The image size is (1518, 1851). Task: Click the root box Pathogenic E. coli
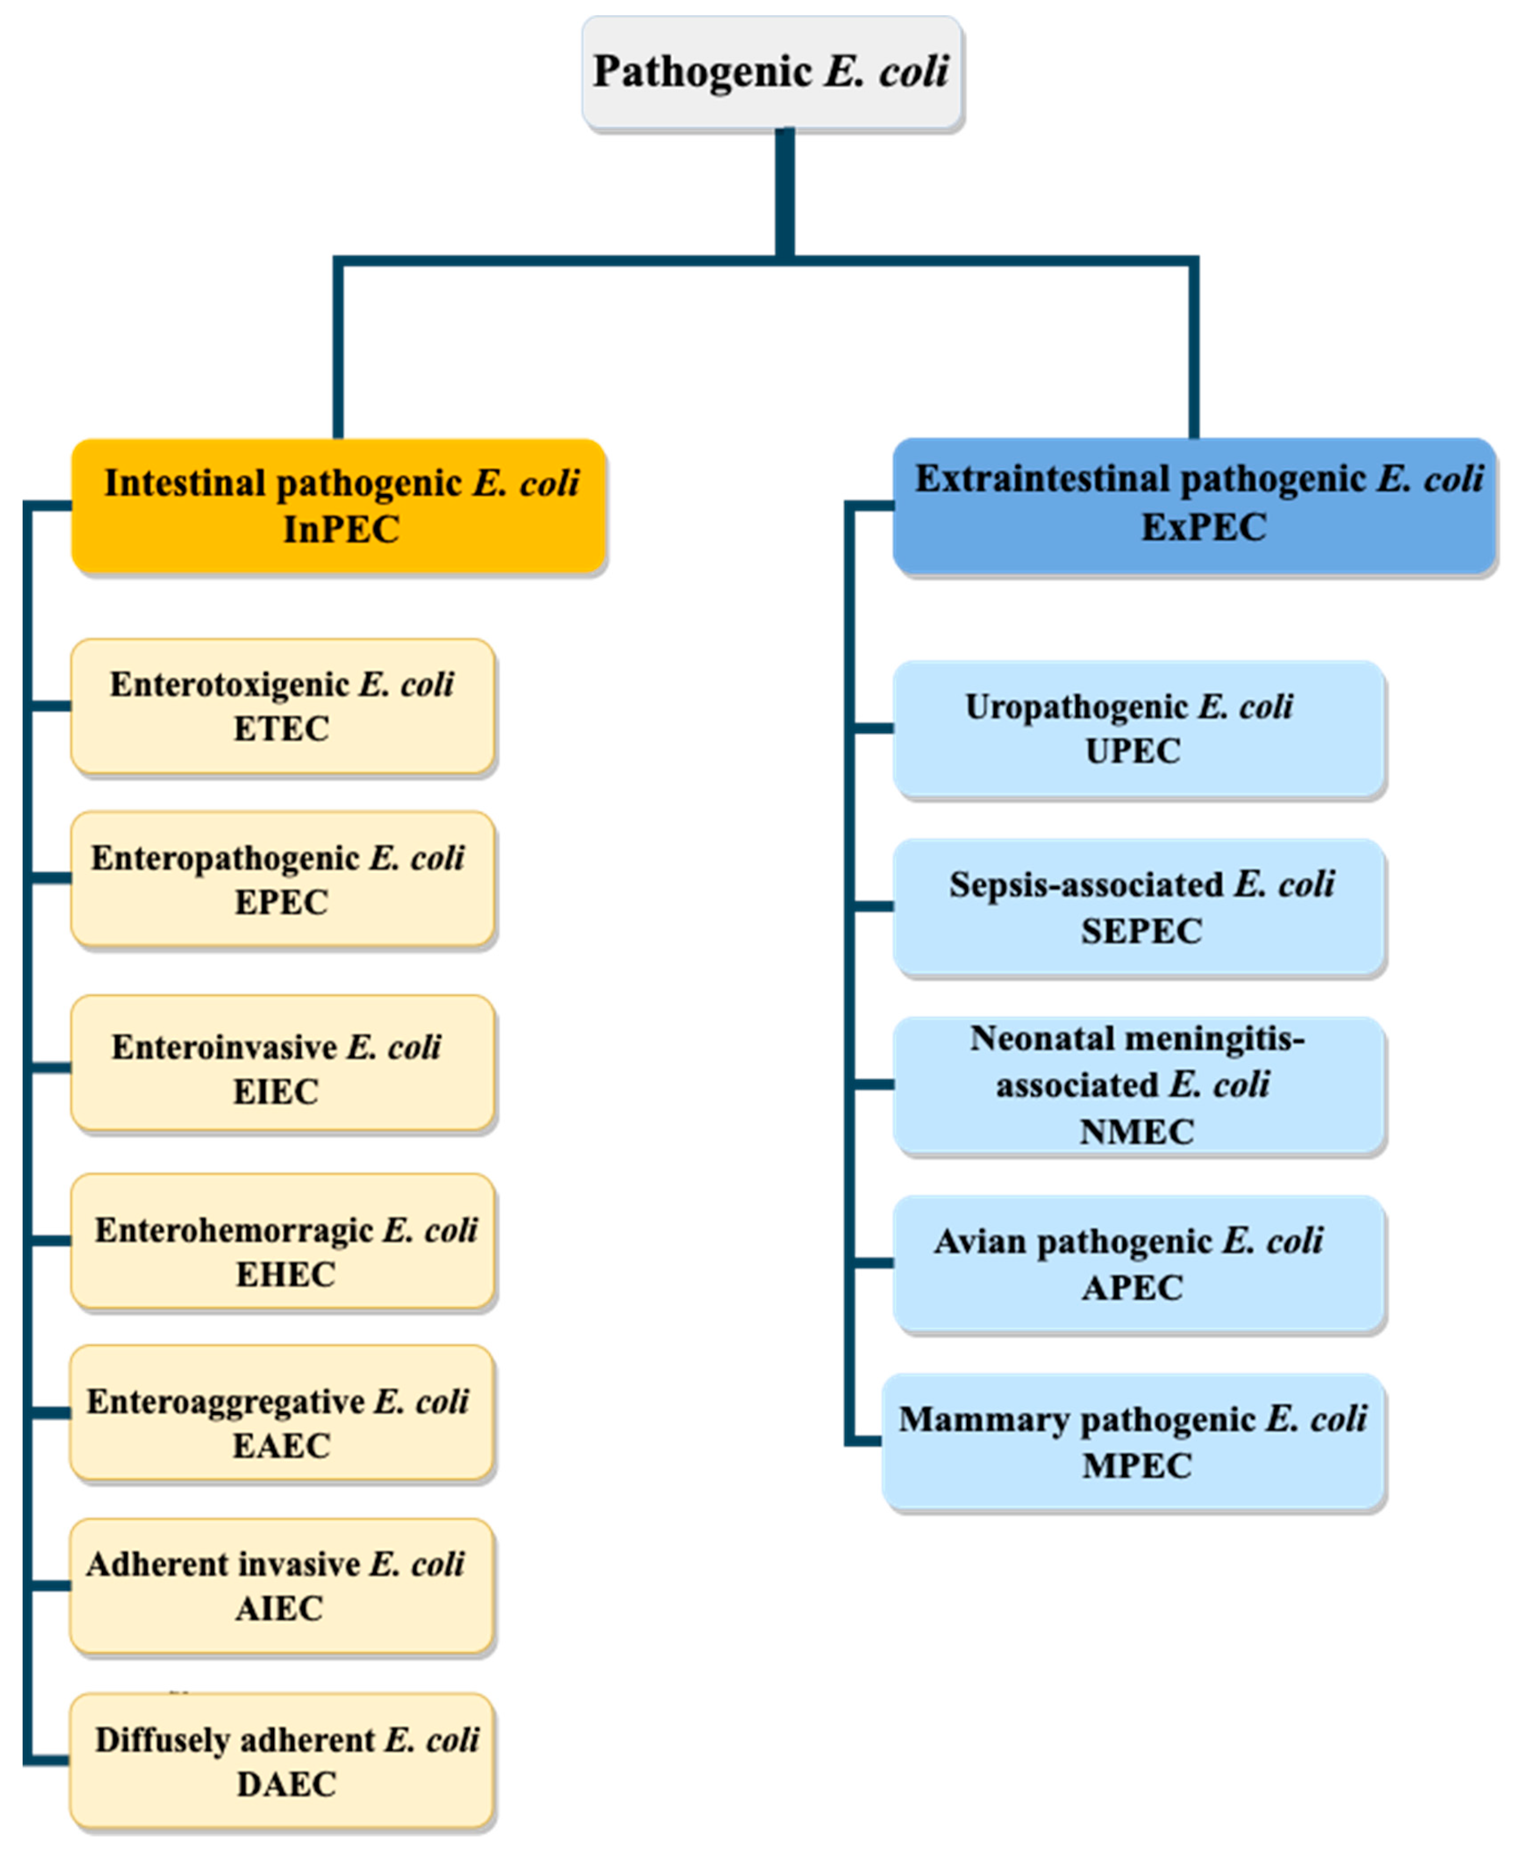pos(772,73)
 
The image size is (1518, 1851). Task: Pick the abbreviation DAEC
pos(286,1784)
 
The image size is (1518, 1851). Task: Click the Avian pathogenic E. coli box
pos(1139,1263)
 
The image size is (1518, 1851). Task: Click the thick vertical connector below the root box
pos(784,192)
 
